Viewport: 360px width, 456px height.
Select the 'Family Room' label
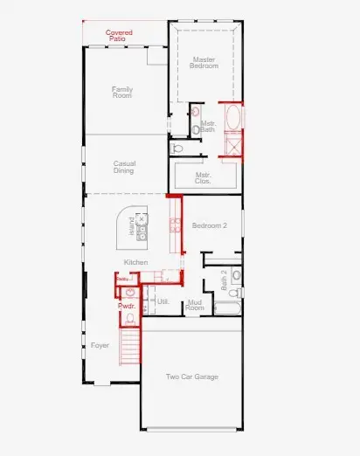pyautogui.click(x=122, y=92)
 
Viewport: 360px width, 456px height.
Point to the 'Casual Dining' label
pyautogui.click(x=124, y=166)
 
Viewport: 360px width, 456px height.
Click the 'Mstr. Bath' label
pyautogui.click(x=208, y=127)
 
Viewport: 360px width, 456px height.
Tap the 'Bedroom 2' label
pyautogui.click(x=210, y=225)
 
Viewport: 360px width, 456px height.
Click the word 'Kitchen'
pyautogui.click(x=135, y=262)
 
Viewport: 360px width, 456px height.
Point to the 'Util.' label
pyautogui.click(x=162, y=301)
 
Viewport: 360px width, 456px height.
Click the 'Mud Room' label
pyautogui.click(x=195, y=305)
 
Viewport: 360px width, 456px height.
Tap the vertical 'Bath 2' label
pyautogui.click(x=225, y=278)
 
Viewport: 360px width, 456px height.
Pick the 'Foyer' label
pyautogui.click(x=100, y=346)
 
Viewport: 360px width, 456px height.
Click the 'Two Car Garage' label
pyautogui.click(x=191, y=377)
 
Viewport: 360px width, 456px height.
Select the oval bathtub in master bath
pyautogui.click(x=233, y=116)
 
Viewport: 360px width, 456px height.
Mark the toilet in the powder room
pyautogui.click(x=129, y=293)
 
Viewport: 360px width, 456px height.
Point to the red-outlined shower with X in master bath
pyautogui.click(x=233, y=144)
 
